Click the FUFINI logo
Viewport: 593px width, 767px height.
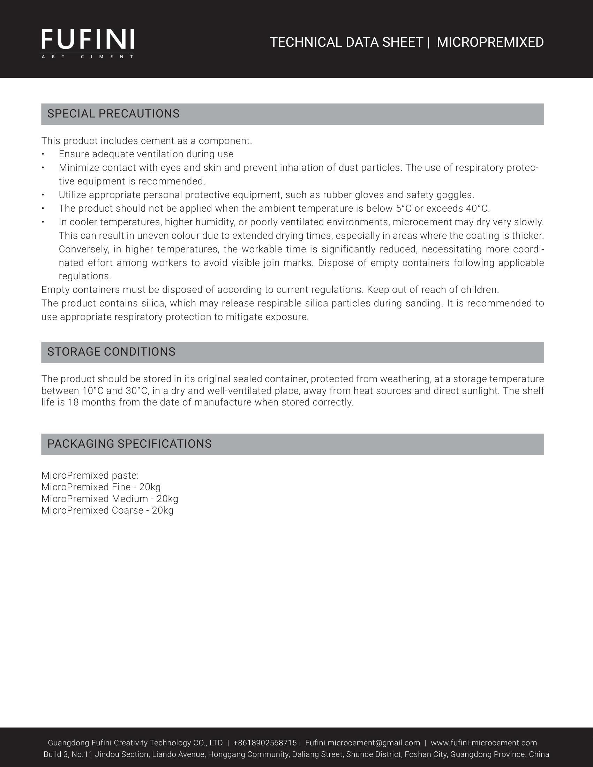click(88, 43)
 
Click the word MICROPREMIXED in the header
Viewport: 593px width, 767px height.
click(490, 42)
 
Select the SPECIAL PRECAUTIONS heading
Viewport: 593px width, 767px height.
click(113, 114)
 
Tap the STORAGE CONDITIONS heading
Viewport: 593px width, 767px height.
click(111, 352)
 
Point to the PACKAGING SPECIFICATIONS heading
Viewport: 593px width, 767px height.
click(129, 444)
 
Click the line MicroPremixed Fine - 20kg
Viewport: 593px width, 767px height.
click(101, 487)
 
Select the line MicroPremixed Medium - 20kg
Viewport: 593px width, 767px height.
click(110, 499)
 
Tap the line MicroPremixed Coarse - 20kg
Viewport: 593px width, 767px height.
click(107, 510)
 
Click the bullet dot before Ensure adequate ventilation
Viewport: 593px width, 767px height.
click(43, 154)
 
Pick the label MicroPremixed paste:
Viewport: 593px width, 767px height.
click(90, 476)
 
